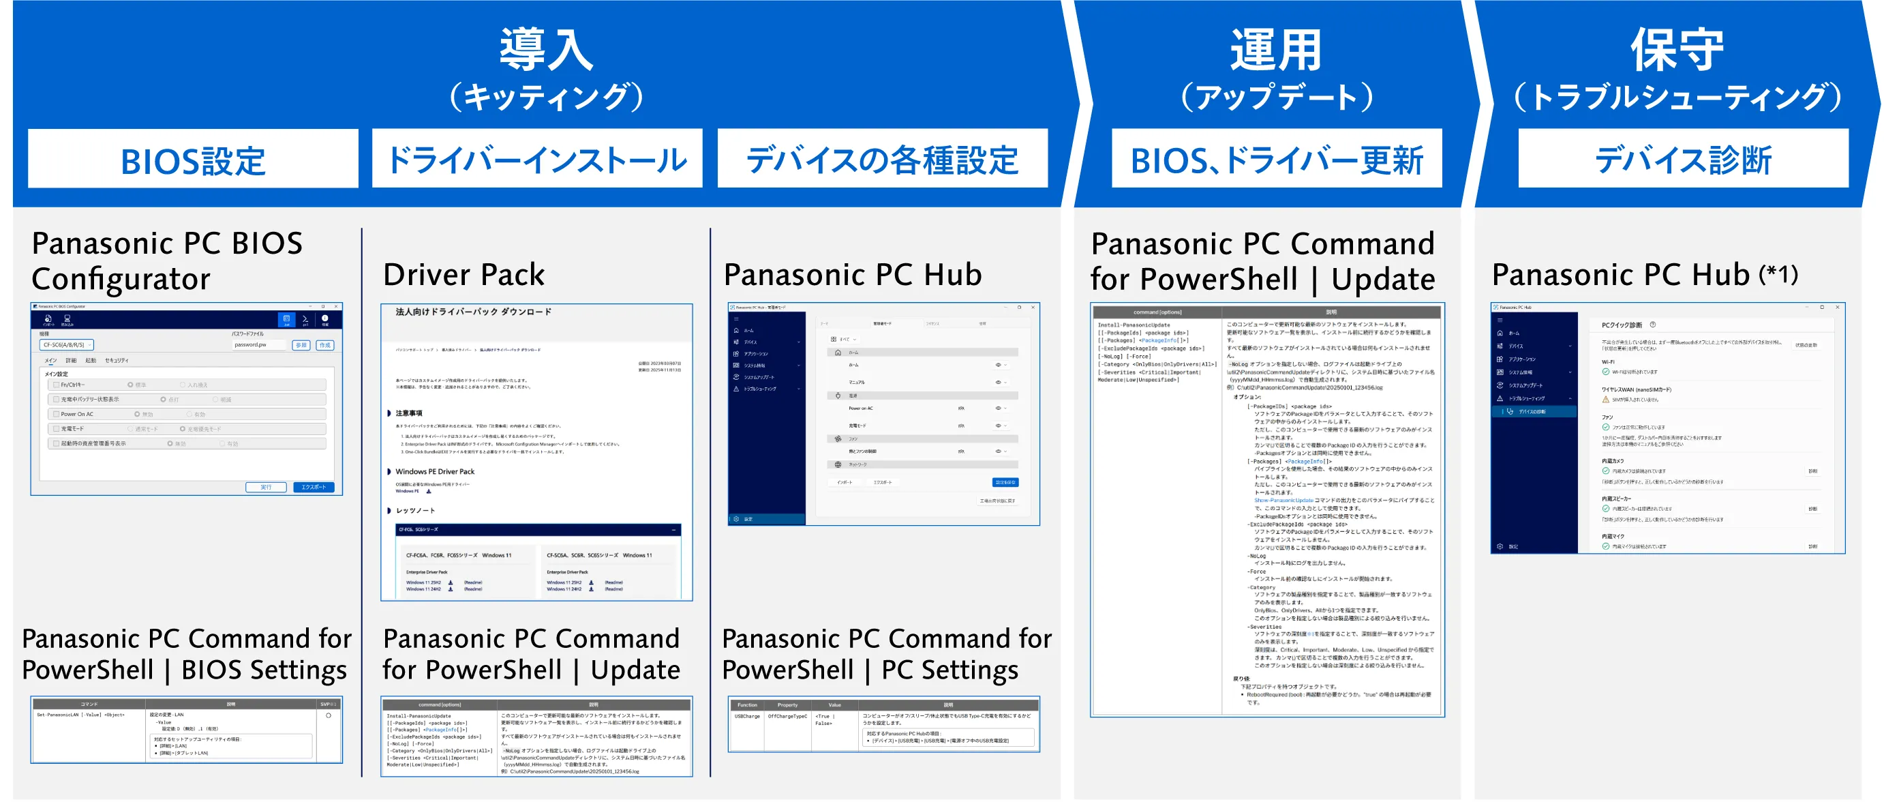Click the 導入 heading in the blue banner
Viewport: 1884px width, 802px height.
pos(545,50)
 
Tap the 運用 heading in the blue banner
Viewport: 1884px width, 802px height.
pos(1275,50)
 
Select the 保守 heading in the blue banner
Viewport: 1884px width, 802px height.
pos(1677,50)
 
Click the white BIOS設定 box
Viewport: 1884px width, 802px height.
pos(193,160)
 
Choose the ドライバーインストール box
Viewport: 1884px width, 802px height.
pos(537,160)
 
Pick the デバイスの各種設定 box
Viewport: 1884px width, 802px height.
pos(882,160)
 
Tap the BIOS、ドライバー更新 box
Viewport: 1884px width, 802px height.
pos(1276,160)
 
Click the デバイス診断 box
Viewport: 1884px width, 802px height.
pos(1683,160)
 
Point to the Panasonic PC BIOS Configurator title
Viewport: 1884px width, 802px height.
pos(167,261)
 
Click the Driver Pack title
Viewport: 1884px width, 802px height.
pos(464,274)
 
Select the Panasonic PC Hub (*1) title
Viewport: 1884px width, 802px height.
pos(1644,274)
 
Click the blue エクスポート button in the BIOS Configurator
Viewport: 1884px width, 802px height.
pos(314,488)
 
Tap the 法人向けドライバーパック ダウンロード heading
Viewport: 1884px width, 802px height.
pos(473,312)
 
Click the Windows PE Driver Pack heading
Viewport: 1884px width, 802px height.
pos(435,471)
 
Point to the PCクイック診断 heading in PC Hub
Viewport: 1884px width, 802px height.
pos(1621,325)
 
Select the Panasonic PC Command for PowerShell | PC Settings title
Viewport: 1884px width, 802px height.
pos(886,654)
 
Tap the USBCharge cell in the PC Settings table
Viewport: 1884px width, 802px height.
pos(747,716)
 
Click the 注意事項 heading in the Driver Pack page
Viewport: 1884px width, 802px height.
pos(409,413)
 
